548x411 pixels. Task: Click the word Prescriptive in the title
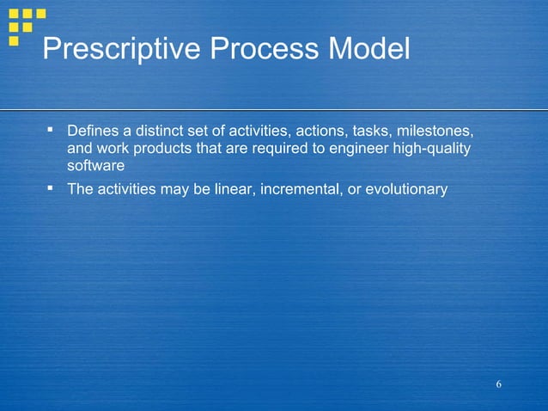pyautogui.click(x=121, y=50)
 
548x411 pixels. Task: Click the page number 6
pyautogui.click(x=498, y=383)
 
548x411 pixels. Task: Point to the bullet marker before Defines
pyautogui.click(x=51, y=132)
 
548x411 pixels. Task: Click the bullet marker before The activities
pyautogui.click(x=51, y=187)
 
